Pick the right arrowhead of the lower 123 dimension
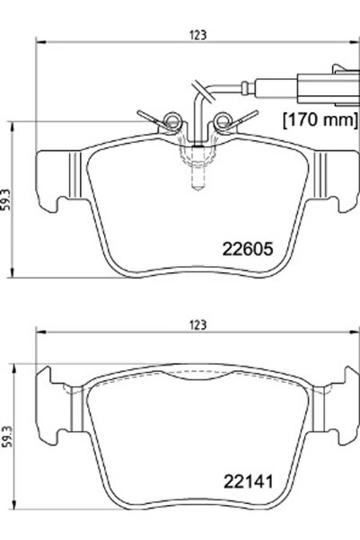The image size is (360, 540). point(355,332)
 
